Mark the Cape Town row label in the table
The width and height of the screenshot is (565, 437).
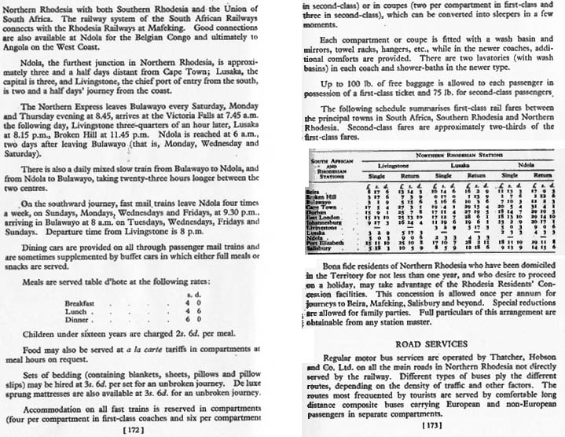tap(326, 206)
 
